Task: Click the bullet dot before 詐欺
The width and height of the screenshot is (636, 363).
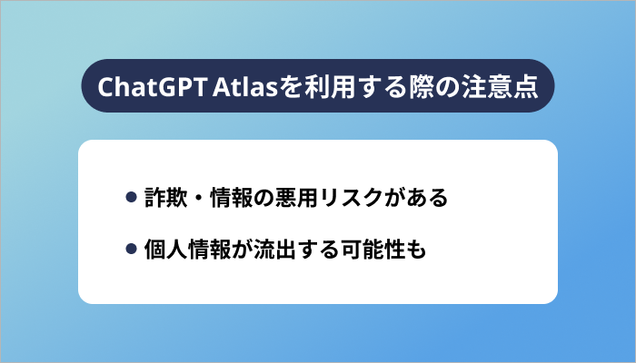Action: click(131, 198)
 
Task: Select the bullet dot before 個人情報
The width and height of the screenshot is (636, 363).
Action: click(131, 247)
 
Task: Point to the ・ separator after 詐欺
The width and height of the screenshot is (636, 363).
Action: click(201, 198)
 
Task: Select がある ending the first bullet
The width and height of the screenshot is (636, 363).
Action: click(417, 198)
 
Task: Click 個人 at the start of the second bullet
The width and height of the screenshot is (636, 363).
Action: click(166, 247)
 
